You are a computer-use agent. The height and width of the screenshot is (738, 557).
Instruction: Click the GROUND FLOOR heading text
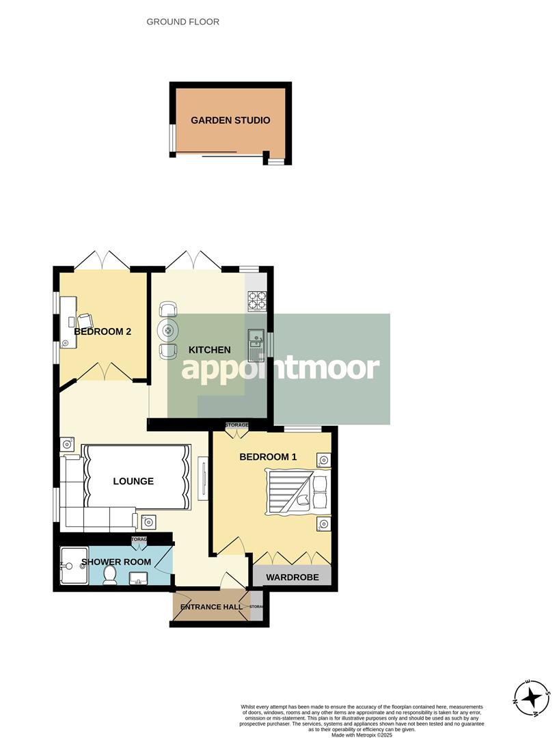pos(183,22)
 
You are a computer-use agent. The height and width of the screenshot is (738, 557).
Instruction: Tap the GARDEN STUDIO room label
pos(230,120)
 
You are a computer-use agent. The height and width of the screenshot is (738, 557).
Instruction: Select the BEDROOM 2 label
pos(103,331)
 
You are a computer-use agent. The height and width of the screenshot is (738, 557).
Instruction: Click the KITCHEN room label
pos(210,350)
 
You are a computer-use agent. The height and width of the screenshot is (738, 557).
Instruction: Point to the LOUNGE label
pos(133,481)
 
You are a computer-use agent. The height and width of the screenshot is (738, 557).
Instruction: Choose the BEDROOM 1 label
pos(268,456)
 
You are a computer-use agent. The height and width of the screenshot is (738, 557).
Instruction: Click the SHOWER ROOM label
pos(116,562)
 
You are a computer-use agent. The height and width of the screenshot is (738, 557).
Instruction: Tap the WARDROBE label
pos(293,577)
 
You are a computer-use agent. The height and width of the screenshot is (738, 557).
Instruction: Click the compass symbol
pos(531,698)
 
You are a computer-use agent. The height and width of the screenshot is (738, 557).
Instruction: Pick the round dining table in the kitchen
pos(167,331)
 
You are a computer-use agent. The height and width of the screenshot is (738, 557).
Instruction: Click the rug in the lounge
pos(135,476)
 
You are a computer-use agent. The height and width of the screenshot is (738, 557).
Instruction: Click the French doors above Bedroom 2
pos(101,260)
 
